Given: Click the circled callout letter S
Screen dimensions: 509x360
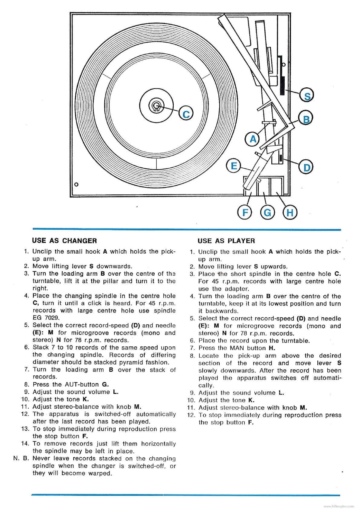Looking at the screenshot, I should coord(306,96).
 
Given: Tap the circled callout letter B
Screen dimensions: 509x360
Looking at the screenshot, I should coord(306,119).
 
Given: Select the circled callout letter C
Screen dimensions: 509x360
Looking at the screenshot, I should coord(186,114).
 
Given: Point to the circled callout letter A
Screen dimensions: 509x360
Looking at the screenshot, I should coord(253,139).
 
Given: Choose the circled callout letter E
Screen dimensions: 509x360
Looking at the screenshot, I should coord(234,166).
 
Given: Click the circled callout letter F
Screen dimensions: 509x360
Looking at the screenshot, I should coord(245,212).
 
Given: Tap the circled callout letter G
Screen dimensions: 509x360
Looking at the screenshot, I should coord(267,212).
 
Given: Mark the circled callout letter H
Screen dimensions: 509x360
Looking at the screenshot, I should coord(290,212).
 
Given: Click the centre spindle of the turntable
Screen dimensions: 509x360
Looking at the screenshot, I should coord(156,105).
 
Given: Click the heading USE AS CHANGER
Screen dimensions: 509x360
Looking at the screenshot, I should coord(64,241).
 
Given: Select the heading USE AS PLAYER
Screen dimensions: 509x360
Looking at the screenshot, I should coord(226,241).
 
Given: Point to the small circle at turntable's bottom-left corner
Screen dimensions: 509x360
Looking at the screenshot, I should coord(76,184).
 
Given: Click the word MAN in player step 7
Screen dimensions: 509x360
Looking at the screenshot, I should coord(237,348).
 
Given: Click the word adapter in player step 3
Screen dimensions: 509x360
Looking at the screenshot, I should coord(237,289).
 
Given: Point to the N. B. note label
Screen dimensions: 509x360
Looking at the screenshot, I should coord(21,459).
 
